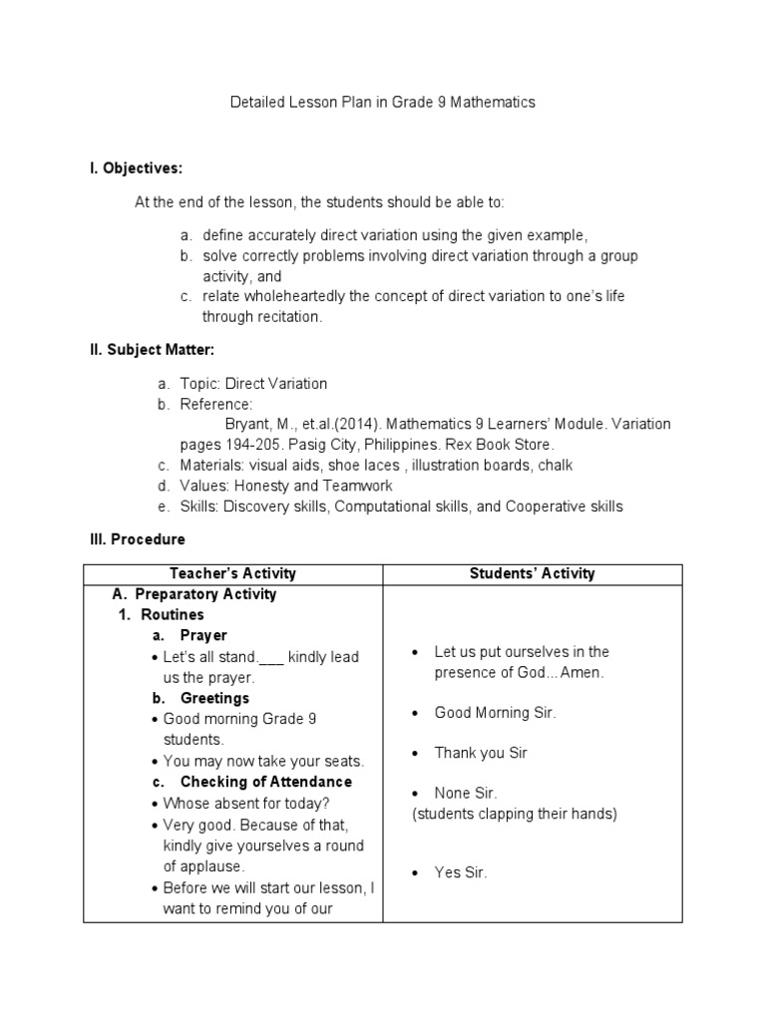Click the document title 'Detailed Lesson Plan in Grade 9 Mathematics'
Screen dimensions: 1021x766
click(x=383, y=103)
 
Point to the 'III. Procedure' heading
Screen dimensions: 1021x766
click(x=138, y=539)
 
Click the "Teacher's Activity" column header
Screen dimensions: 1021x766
click(x=233, y=573)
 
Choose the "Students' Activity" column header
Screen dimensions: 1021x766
click(x=533, y=573)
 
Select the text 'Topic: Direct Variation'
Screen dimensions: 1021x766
click(x=253, y=383)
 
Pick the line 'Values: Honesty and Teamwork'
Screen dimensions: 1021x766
click(x=286, y=486)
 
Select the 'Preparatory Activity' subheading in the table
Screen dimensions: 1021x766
click(x=205, y=594)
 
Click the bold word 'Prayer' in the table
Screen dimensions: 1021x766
click(x=203, y=635)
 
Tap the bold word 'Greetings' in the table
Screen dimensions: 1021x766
click(x=214, y=698)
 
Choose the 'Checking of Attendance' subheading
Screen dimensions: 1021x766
click(x=265, y=782)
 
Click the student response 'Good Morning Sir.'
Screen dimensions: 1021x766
click(x=495, y=713)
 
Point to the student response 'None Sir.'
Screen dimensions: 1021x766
click(x=466, y=794)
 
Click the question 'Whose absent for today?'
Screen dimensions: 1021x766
click(x=246, y=803)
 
